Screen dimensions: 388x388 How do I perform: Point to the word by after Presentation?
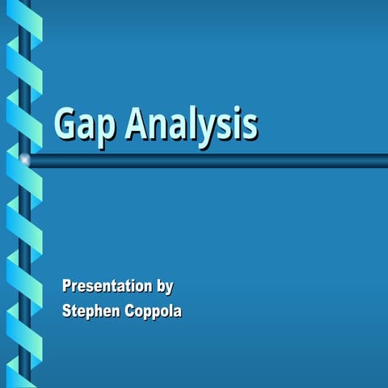(x=164, y=287)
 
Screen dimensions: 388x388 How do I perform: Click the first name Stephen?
(x=90, y=311)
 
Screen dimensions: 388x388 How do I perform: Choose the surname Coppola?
(x=151, y=311)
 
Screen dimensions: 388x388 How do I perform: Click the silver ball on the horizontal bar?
(x=25, y=161)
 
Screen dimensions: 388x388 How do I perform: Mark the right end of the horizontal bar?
(x=384, y=161)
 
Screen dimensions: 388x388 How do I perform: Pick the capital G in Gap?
(x=65, y=124)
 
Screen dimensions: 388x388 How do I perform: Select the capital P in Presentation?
(x=68, y=285)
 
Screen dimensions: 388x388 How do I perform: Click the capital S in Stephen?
(x=68, y=310)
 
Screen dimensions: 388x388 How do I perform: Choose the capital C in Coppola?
(x=126, y=310)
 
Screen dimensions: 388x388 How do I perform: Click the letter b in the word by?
(x=158, y=285)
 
